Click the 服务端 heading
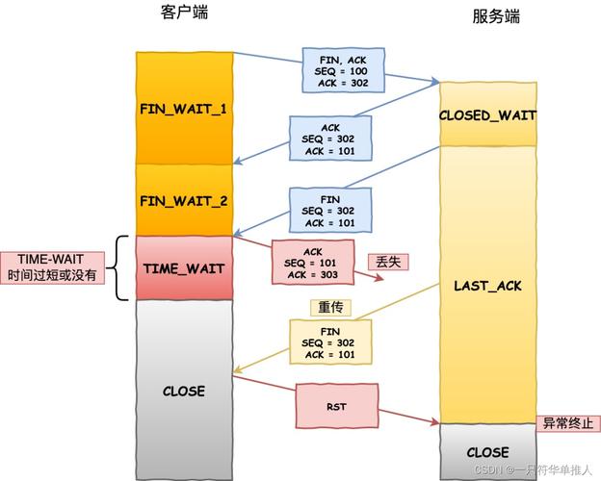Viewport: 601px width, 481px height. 496,16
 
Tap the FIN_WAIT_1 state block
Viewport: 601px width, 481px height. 184,108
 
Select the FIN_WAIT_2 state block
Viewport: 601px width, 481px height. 184,200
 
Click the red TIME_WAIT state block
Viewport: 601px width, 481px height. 184,267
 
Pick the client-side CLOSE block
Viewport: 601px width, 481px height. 184,391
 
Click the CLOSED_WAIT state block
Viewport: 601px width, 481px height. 487,114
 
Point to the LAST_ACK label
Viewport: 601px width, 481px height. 487,287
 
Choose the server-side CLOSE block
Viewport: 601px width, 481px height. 487,451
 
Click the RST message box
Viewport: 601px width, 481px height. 336,407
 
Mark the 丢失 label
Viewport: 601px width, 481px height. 388,262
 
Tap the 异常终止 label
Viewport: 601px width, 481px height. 568,424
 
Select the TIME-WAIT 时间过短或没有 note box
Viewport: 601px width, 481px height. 53,267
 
